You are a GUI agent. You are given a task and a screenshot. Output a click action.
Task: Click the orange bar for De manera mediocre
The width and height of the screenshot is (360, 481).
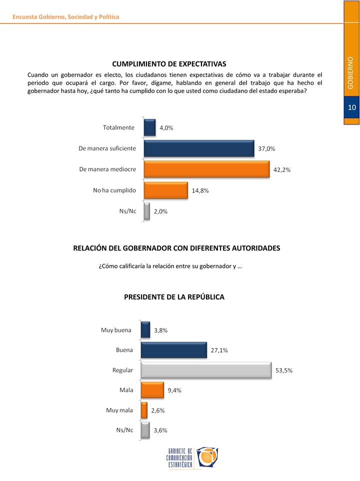[206, 169]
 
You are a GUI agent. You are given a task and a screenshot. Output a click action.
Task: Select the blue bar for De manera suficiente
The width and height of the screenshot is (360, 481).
[199, 148]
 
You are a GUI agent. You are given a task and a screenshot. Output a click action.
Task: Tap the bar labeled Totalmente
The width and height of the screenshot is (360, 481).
[149, 127]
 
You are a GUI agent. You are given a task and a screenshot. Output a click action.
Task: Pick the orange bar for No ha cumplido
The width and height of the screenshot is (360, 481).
[166, 190]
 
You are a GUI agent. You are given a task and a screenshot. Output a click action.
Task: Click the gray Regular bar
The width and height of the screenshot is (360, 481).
[206, 370]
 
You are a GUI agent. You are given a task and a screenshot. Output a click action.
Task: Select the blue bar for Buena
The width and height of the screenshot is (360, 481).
[174, 350]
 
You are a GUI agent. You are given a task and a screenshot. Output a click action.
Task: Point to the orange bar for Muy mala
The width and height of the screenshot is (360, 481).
[144, 410]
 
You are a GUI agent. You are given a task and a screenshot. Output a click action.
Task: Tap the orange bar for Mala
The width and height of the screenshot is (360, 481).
[152, 390]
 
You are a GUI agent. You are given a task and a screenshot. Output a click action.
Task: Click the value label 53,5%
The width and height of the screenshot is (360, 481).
[284, 370]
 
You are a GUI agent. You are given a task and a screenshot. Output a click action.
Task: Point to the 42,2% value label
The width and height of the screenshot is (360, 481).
[282, 169]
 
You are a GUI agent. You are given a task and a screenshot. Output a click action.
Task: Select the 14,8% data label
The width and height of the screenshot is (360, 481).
[200, 190]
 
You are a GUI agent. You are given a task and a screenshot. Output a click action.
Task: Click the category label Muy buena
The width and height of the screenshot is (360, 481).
[116, 330]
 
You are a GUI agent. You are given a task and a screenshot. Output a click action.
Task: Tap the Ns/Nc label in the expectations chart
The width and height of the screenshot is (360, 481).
[127, 211]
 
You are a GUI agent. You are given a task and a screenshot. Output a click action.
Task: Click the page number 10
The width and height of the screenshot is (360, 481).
[351, 107]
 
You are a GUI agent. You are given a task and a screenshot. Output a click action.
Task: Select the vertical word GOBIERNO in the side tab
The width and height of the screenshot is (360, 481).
[350, 72]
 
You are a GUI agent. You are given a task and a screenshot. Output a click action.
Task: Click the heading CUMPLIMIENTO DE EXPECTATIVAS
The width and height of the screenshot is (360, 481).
[169, 64]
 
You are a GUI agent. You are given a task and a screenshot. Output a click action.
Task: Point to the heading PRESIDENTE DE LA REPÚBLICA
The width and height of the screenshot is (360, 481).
[174, 296]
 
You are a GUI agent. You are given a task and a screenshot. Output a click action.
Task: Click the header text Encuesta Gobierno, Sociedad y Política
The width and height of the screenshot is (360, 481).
[65, 17]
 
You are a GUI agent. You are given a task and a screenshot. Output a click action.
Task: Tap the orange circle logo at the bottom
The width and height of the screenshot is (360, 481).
[207, 457]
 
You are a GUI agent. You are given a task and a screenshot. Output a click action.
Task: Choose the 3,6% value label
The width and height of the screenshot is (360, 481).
[160, 430]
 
